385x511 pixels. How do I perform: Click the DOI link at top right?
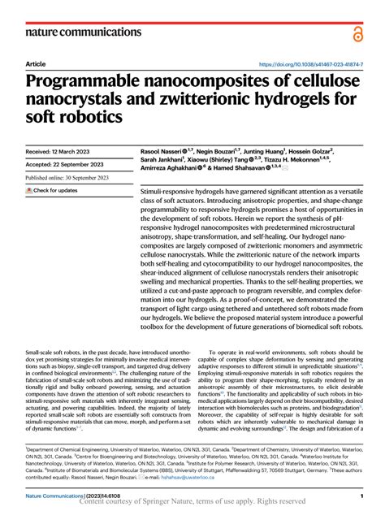[309, 63]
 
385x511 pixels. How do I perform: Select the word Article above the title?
[36, 63]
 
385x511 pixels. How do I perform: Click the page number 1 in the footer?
[360, 495]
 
